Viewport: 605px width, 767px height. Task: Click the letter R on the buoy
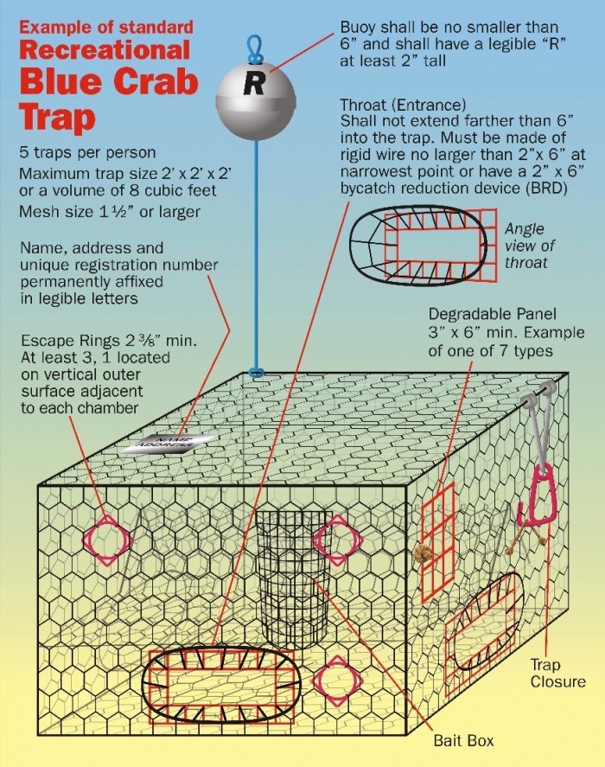254,84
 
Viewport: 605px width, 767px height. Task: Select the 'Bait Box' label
462,739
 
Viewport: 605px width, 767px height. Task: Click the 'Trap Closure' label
557,673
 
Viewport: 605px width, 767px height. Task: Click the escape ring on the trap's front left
107,539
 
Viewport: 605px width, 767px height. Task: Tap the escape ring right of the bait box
337,539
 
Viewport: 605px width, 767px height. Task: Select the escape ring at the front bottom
337,681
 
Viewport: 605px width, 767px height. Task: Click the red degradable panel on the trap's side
438,543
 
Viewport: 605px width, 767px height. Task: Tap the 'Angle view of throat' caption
525,246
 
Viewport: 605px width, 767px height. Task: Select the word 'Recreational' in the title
105,50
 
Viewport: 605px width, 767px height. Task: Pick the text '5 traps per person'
87,152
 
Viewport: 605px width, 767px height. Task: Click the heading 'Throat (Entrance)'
403,105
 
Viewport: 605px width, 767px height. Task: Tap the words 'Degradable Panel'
492,314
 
